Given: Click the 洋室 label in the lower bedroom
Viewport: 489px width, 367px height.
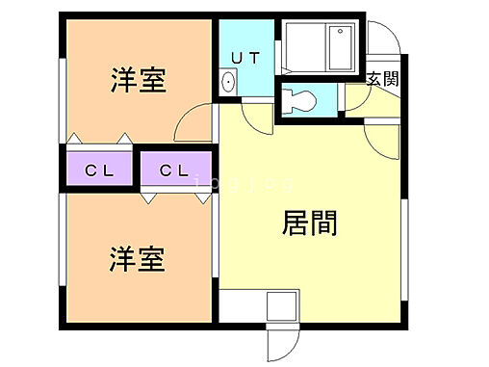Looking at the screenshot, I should click(x=137, y=259).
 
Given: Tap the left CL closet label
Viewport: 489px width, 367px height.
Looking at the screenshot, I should click(x=99, y=171).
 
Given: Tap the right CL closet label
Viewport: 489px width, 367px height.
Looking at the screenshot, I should click(x=173, y=171).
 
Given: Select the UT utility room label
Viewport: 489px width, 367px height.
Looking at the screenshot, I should click(x=244, y=58).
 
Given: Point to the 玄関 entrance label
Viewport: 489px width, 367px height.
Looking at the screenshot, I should click(x=380, y=79).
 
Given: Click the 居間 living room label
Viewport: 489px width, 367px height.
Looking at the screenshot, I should click(x=308, y=223).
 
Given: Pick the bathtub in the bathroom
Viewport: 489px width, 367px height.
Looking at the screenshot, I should click(x=322, y=45).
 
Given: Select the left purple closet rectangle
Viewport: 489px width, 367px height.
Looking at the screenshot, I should click(x=100, y=170).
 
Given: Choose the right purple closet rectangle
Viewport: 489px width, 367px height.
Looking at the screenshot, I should click(x=175, y=170).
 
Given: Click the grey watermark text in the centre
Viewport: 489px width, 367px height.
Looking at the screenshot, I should click(x=244, y=184).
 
